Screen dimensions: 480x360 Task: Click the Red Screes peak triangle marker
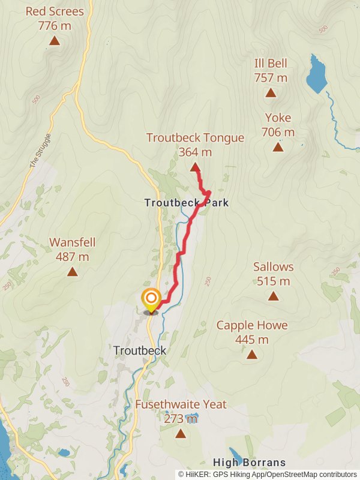pyautogui.click(x=55, y=41)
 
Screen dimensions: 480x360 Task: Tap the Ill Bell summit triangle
pyautogui.click(x=271, y=93)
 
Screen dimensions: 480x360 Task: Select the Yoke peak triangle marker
pyautogui.click(x=278, y=147)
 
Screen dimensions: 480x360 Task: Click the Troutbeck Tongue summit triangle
pyautogui.click(x=194, y=167)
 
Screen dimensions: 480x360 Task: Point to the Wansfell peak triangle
pyautogui.click(x=72, y=272)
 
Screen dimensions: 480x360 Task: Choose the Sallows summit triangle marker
pyautogui.click(x=273, y=296)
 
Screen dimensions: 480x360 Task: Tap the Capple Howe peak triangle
pyautogui.click(x=251, y=355)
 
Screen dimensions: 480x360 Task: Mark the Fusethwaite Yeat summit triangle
pyautogui.click(x=181, y=433)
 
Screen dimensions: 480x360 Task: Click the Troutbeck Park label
pyautogui.click(x=187, y=203)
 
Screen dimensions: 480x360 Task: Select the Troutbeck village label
pyautogui.click(x=139, y=350)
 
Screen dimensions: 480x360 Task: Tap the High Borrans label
pyautogui.click(x=249, y=463)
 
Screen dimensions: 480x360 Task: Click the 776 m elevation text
pyautogui.click(x=54, y=26)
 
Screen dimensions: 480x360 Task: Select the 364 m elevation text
pyautogui.click(x=195, y=152)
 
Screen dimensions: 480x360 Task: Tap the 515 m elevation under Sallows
pyautogui.click(x=273, y=281)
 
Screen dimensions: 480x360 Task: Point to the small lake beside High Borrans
pyautogui.click(x=236, y=456)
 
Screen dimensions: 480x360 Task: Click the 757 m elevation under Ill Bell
pyautogui.click(x=271, y=78)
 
